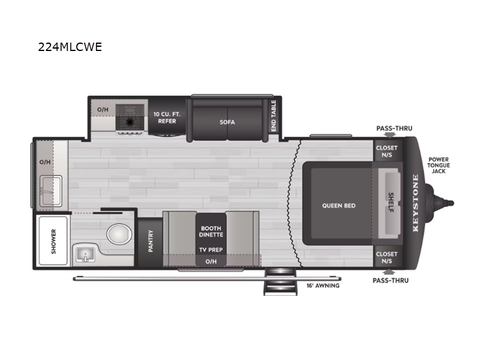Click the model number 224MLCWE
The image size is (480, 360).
pyautogui.click(x=70, y=47)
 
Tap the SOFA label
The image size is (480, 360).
pyautogui.click(x=227, y=122)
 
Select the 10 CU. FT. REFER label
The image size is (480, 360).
pyautogui.click(x=167, y=118)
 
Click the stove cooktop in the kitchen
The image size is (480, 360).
pyautogui.click(x=130, y=119)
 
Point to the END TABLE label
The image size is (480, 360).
pyautogui.click(x=274, y=116)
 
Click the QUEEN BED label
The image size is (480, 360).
pyautogui.click(x=338, y=206)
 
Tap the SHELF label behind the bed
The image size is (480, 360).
pyautogui.click(x=391, y=202)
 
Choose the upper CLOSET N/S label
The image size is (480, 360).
pyautogui.click(x=386, y=151)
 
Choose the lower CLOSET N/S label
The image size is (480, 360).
pyautogui.click(x=386, y=257)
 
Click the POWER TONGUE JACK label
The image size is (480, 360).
pyautogui.click(x=439, y=166)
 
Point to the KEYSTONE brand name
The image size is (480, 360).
pyautogui.click(x=415, y=203)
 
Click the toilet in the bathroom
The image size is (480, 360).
pyautogui.click(x=119, y=234)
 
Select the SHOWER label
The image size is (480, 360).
pyautogui.click(x=53, y=242)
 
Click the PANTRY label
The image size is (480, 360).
pyautogui.click(x=151, y=241)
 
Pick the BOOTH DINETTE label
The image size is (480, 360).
pyautogui.click(x=211, y=232)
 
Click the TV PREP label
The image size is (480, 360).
pyautogui.click(x=211, y=250)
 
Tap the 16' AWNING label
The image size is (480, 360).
pyautogui.click(x=323, y=286)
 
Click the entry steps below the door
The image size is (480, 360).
pyautogui.click(x=280, y=281)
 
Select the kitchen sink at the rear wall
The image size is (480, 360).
pyautogui.click(x=50, y=191)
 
